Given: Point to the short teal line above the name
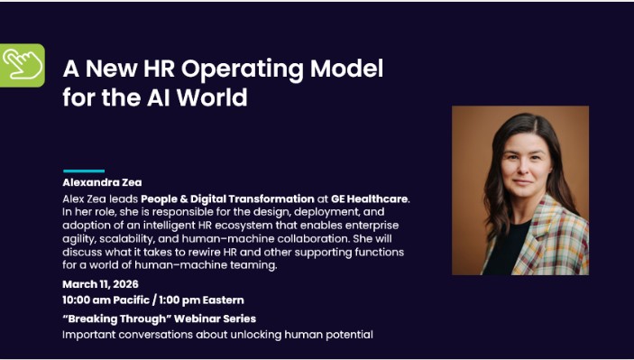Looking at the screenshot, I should pyautogui.click(x=83, y=171).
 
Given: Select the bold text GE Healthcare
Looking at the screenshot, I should pyautogui.click(x=370, y=198).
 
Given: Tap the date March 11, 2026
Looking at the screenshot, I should pyautogui.click(x=100, y=283).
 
